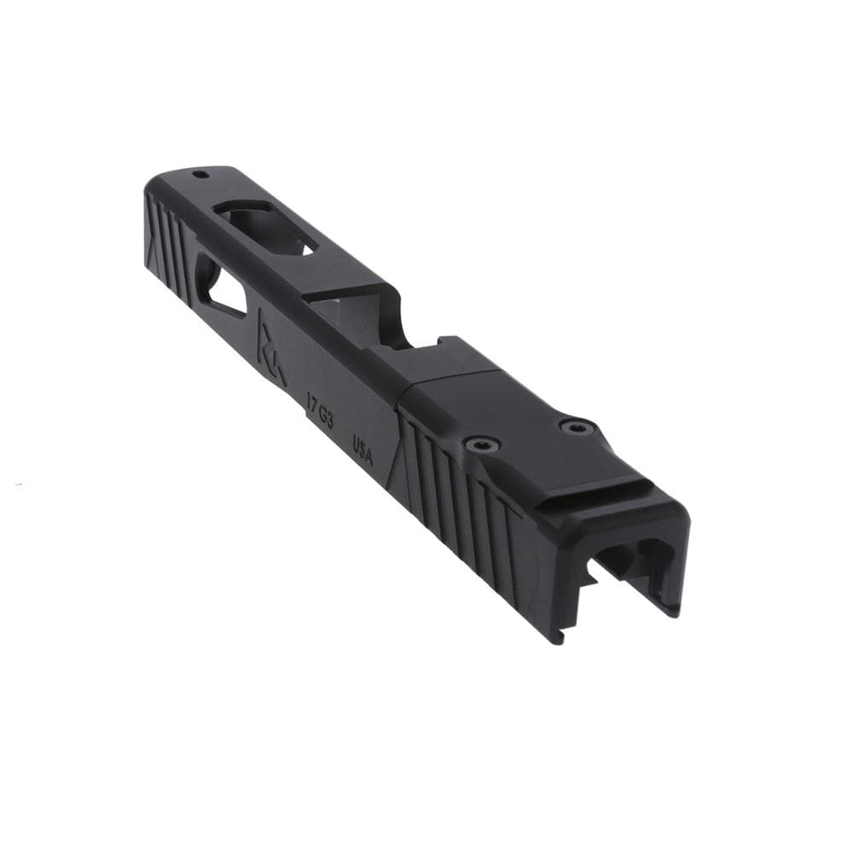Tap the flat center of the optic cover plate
click(x=520, y=418)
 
